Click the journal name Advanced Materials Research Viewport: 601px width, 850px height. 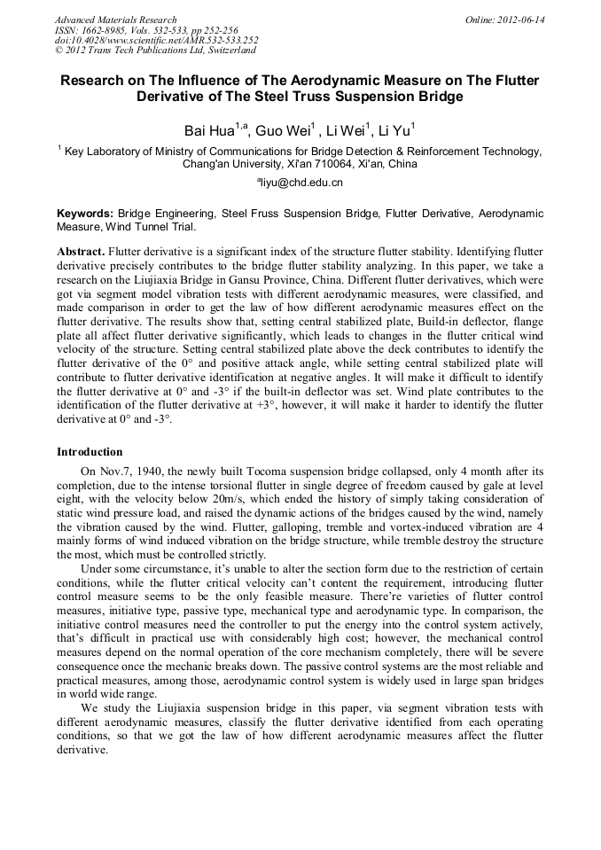pos(115,19)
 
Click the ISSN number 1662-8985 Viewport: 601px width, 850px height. pos(107,30)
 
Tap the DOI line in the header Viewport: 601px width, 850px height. pos(156,40)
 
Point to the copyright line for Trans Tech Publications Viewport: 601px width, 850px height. pos(155,51)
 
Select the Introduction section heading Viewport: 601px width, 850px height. pos(90,452)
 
